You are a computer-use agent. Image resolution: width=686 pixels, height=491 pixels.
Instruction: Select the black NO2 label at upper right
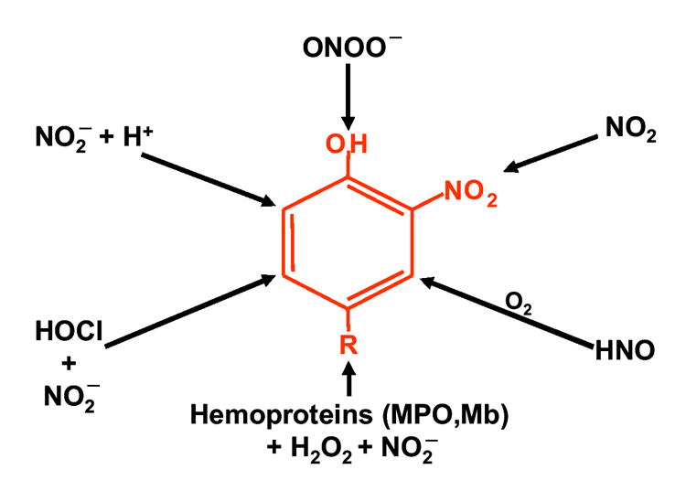point(630,129)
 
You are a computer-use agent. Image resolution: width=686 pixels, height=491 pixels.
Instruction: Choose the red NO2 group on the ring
point(470,193)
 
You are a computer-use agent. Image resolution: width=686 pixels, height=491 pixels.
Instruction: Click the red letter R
point(348,345)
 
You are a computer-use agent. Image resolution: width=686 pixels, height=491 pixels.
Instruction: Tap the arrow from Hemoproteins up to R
point(348,379)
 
